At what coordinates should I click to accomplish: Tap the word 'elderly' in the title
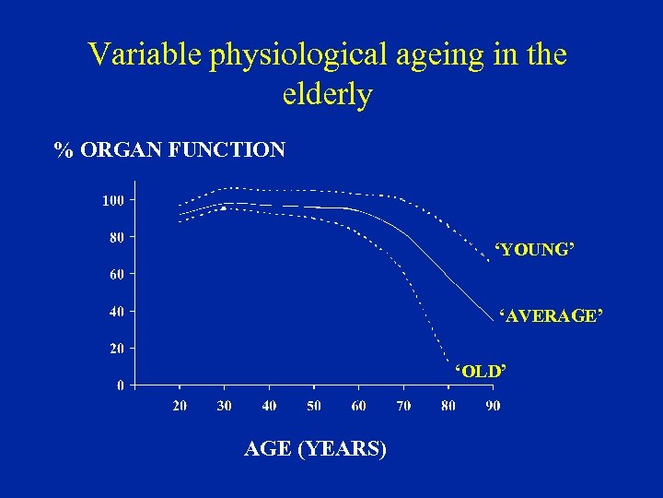(x=327, y=94)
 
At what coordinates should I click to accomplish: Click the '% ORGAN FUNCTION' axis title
(x=169, y=149)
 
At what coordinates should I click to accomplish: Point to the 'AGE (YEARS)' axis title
(x=315, y=449)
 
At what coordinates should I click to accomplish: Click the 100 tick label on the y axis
(x=112, y=200)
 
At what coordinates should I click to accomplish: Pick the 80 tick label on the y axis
(x=116, y=237)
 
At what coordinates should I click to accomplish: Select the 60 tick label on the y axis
(x=116, y=274)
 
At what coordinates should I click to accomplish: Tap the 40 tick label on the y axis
(x=116, y=312)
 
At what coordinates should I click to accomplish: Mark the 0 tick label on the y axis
(x=120, y=385)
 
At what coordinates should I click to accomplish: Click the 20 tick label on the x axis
(x=180, y=407)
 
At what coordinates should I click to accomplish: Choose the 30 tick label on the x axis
(x=224, y=407)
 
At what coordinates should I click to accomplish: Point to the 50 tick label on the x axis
(x=314, y=407)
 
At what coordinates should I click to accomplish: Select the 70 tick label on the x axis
(x=403, y=407)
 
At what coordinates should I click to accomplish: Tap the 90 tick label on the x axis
(x=493, y=407)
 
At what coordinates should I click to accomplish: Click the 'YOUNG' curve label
(x=534, y=250)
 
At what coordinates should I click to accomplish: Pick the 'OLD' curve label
(x=480, y=371)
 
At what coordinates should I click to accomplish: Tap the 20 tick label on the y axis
(x=116, y=349)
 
